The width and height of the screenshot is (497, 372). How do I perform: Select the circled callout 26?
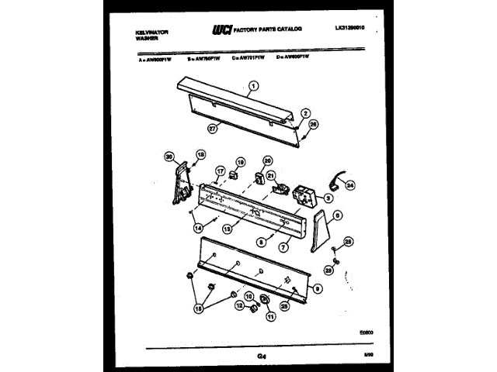[313, 123]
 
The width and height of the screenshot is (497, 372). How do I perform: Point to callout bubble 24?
[349, 186]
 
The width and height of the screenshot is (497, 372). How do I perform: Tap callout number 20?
[268, 161]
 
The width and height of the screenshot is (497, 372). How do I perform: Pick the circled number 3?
[328, 198]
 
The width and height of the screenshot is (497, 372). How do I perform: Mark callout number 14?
[197, 228]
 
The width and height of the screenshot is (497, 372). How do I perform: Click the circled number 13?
[227, 229]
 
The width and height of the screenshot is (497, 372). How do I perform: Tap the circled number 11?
[271, 315]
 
